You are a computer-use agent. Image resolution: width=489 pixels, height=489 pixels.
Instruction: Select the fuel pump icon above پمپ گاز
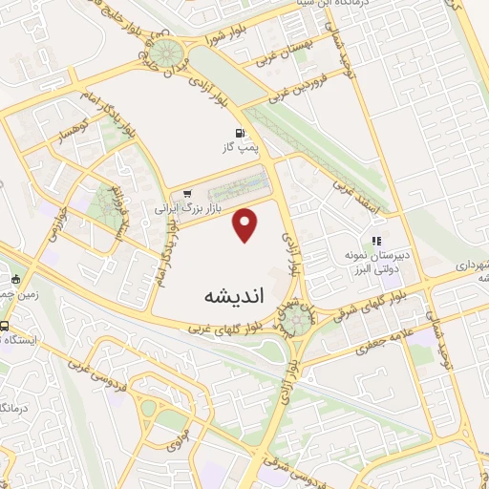(x=235, y=134)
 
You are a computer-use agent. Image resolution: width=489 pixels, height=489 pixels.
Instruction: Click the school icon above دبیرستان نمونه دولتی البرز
(x=377, y=240)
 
